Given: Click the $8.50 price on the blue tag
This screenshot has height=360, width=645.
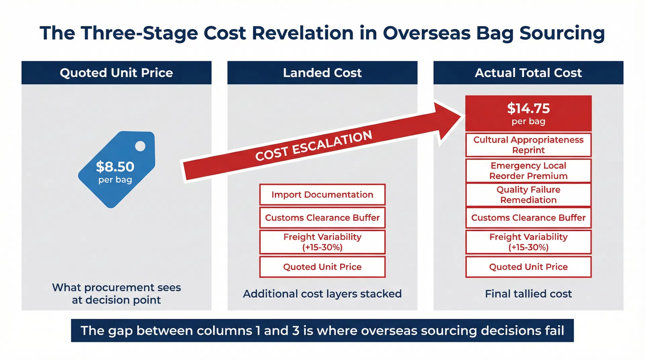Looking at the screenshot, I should [x=115, y=167].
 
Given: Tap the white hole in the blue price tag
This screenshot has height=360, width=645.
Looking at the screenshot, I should [x=140, y=146].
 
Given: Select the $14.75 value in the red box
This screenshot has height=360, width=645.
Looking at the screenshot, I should [x=528, y=108].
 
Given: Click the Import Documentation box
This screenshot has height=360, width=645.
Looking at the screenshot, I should [x=322, y=195].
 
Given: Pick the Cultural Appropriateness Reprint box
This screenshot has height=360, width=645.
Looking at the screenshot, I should [x=528, y=145].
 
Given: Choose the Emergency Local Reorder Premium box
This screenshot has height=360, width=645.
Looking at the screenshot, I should [x=528, y=171].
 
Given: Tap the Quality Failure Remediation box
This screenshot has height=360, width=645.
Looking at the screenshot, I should [x=528, y=195].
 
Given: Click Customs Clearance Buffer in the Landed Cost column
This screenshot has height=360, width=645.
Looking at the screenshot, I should [x=322, y=218].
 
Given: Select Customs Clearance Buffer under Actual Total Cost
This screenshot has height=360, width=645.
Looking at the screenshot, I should [x=528, y=218].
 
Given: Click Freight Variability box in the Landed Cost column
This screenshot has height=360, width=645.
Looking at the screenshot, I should [x=322, y=242].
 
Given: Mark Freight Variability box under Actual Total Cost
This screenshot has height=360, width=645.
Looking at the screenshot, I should [x=528, y=242].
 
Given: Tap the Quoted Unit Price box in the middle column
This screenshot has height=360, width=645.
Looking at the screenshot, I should [x=322, y=267].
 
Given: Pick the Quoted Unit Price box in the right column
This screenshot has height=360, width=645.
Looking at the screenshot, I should [x=528, y=267].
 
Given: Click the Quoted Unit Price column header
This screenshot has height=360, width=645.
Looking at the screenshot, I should [x=116, y=73].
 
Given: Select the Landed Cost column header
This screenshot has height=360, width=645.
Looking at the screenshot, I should [x=322, y=73].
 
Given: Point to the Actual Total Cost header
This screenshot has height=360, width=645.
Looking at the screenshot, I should [x=528, y=73].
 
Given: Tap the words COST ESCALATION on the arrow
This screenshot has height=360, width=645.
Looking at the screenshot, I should [x=313, y=146].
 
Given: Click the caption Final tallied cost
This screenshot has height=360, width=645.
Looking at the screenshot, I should [x=528, y=294].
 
